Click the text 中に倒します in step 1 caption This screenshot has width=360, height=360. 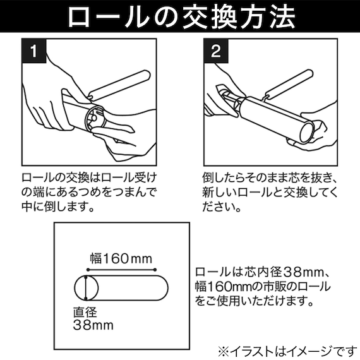coord(57,207)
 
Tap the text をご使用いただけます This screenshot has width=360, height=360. coord(253,301)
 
